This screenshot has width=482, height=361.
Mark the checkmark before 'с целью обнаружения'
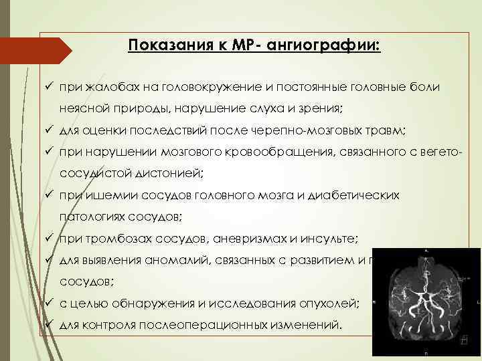50,304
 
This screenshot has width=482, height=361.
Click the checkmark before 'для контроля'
50,326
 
